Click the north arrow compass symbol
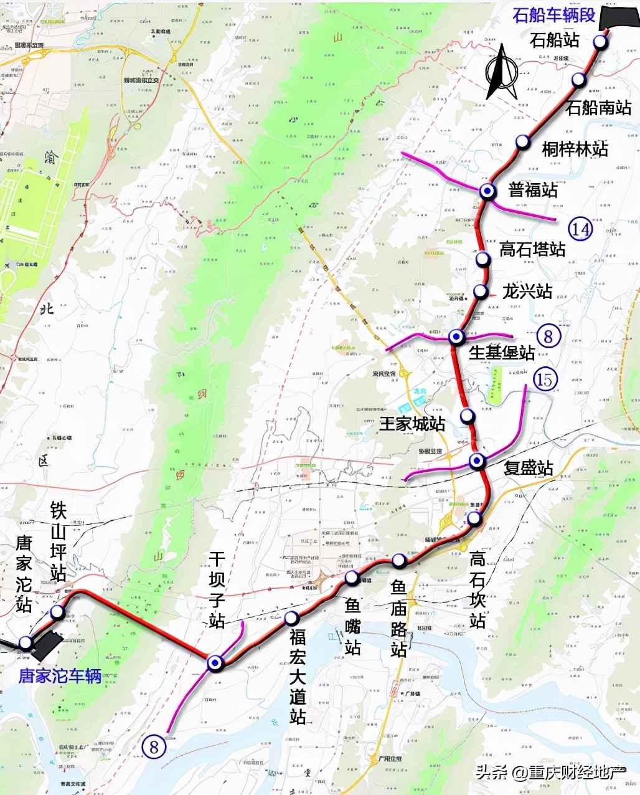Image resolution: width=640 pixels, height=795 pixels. (502, 71)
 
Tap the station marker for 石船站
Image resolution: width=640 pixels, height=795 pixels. (600, 42)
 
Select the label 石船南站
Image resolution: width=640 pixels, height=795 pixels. (598, 107)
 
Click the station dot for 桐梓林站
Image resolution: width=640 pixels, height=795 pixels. (523, 142)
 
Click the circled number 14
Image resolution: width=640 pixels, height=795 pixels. (580, 229)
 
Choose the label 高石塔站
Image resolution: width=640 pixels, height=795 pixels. (532, 249)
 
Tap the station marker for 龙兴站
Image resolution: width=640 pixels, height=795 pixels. (481, 291)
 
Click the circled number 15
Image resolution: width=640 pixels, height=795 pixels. (545, 379)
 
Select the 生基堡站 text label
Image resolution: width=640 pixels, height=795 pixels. (502, 353)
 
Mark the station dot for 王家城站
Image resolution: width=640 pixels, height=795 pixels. (468, 416)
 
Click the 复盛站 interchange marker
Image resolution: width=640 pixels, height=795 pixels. (478, 461)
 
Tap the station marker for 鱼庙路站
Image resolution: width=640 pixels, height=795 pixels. (399, 561)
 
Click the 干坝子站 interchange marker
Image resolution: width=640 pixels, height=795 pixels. (215, 663)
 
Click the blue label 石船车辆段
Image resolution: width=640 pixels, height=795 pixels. (553, 15)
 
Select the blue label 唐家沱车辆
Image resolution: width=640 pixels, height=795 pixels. (60, 676)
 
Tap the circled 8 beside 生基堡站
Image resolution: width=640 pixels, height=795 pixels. (548, 336)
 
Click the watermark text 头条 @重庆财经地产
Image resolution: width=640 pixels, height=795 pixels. (550, 773)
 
